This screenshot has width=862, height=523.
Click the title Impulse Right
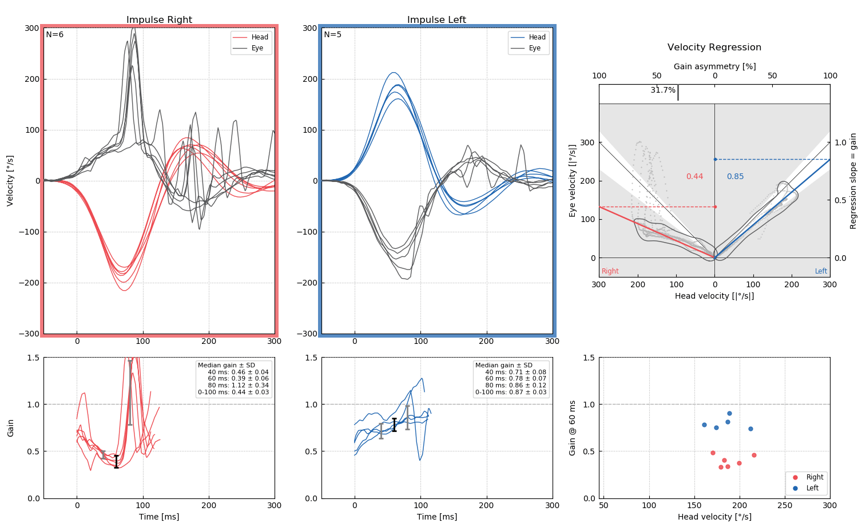click(159, 20)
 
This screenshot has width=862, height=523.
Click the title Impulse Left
click(436, 20)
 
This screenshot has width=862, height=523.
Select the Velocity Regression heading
click(714, 47)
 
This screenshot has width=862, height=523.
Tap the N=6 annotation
click(55, 35)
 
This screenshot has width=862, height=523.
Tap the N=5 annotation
click(333, 35)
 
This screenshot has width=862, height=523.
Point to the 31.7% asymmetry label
click(663, 90)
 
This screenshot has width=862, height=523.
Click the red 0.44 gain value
click(694, 177)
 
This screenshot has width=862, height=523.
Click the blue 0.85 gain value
click(735, 177)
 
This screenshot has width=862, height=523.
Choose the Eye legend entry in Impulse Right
click(257, 49)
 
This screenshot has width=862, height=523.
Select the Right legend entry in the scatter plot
click(815, 477)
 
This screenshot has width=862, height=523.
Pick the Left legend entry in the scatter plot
click(812, 488)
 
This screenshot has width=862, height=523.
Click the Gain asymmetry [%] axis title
click(714, 67)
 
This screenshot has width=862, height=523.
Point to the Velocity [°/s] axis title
click(10, 180)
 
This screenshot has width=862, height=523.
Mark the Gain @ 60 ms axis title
click(573, 427)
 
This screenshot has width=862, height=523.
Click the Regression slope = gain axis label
click(853, 181)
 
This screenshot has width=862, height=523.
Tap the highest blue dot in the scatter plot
click(729, 413)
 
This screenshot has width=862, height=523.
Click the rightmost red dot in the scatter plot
click(754, 455)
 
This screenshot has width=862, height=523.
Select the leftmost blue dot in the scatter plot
click(704, 425)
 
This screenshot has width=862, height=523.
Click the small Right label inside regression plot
click(610, 271)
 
